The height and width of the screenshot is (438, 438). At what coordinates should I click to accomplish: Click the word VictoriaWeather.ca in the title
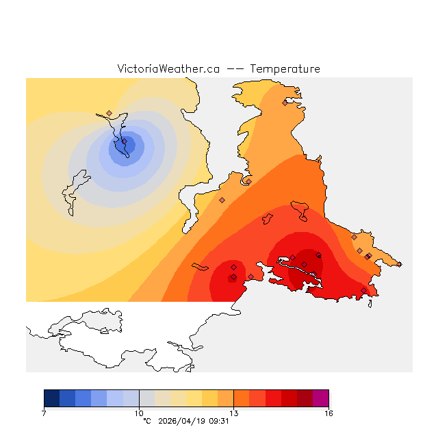point(168,69)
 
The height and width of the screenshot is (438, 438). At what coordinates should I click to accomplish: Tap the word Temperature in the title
point(285,69)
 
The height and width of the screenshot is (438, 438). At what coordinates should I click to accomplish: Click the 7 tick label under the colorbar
point(44,413)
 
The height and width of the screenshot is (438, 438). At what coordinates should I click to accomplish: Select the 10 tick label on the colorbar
point(139,413)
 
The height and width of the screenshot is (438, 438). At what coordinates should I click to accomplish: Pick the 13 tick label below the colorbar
point(233,413)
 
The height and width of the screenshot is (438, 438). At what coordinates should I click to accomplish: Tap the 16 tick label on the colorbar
point(328,413)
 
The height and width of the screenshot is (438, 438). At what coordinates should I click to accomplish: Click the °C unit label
point(146,421)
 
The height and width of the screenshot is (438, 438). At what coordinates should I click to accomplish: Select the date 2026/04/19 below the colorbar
point(183,421)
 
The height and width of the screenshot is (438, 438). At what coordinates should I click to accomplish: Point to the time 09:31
point(218,421)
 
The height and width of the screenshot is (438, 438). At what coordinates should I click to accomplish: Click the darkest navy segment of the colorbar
point(51,398)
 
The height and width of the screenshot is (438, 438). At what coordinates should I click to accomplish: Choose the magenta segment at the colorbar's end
point(321,398)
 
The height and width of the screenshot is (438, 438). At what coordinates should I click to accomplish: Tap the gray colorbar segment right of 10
point(146,398)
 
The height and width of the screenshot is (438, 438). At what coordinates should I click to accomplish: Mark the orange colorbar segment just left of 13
point(226,398)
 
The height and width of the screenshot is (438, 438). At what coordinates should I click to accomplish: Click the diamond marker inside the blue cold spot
point(125,142)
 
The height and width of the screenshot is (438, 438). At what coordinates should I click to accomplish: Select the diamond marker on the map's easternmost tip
point(369,256)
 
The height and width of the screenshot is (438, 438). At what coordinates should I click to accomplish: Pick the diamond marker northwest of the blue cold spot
point(109,113)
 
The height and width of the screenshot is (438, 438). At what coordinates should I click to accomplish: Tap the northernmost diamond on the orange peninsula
point(285,103)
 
